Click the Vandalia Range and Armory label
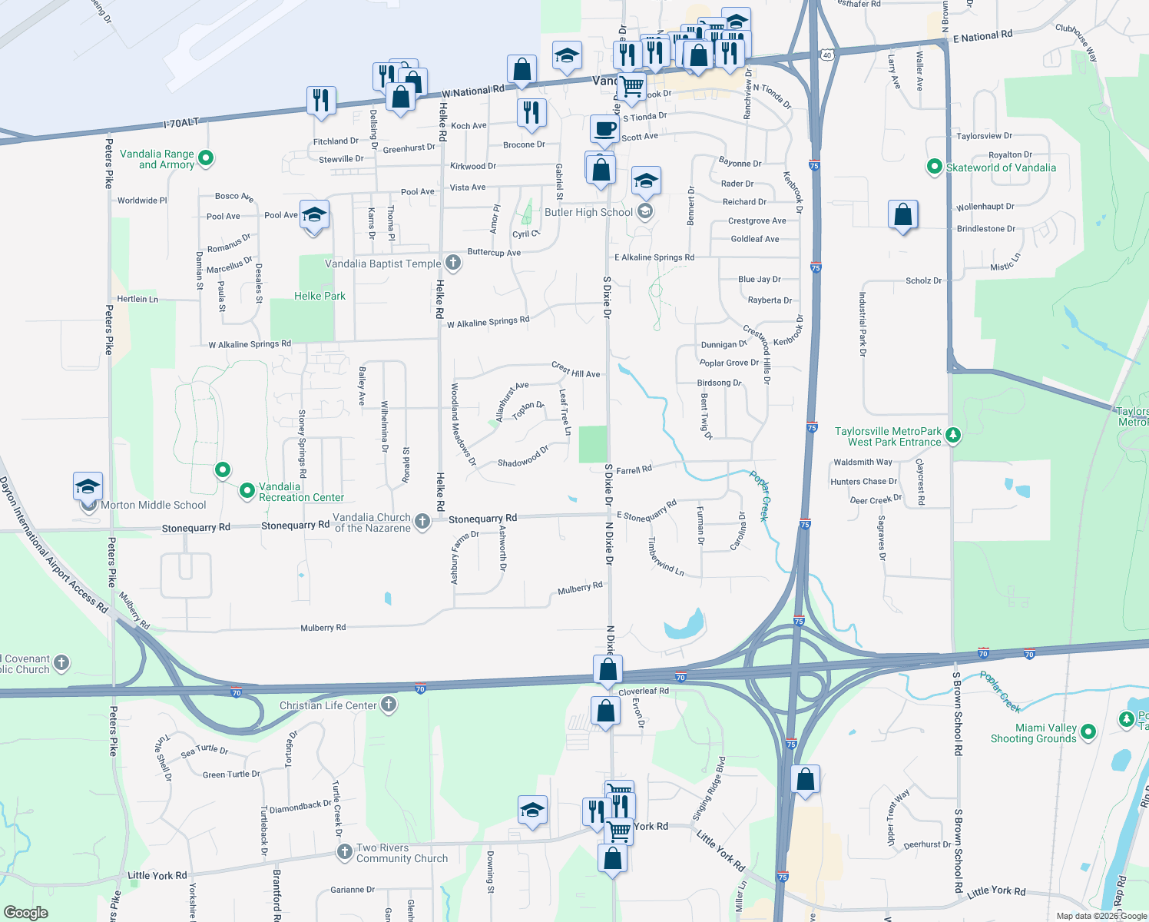click(x=157, y=159)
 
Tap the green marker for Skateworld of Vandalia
click(x=934, y=167)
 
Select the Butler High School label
click(x=588, y=212)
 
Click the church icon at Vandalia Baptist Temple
click(x=453, y=263)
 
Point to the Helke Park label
click(x=320, y=296)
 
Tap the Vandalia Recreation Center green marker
click(x=247, y=490)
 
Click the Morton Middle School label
click(x=154, y=505)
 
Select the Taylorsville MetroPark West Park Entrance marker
click(x=953, y=436)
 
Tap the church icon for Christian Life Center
click(x=389, y=705)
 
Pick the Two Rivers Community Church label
click(x=402, y=853)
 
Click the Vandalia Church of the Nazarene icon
click(x=422, y=522)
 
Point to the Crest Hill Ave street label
click(x=576, y=370)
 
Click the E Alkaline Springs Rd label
click(x=654, y=257)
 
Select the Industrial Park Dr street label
click(x=863, y=323)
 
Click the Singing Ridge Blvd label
click(x=708, y=788)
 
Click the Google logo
click(x=26, y=912)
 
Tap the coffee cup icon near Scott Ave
click(x=604, y=129)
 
